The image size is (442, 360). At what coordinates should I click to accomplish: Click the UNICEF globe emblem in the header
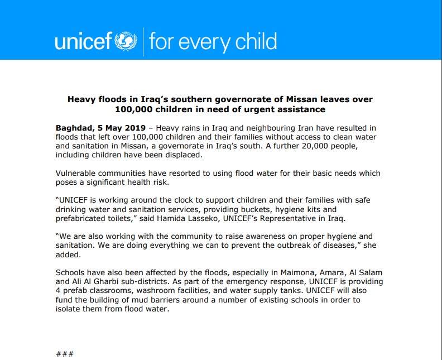126,41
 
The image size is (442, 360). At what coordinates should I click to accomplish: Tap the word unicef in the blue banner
84,41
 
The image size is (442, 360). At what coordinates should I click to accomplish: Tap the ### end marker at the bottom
65,354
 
